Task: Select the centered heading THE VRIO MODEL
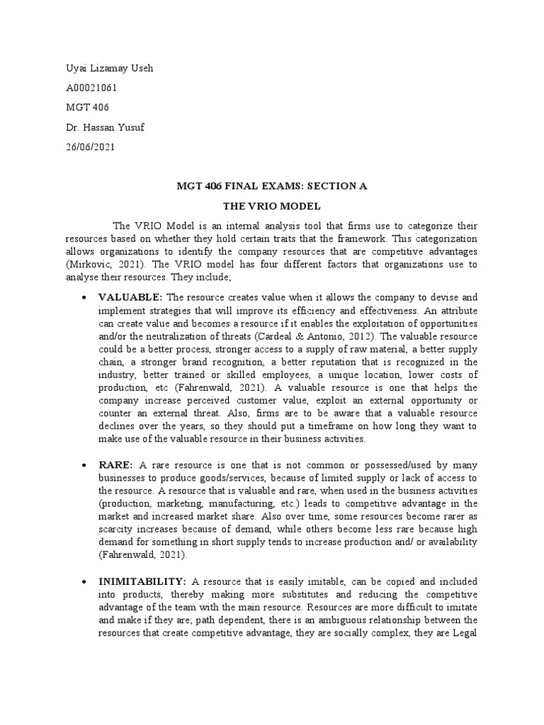point(272,207)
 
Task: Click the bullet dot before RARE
point(84,465)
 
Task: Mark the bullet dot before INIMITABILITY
point(84,581)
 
